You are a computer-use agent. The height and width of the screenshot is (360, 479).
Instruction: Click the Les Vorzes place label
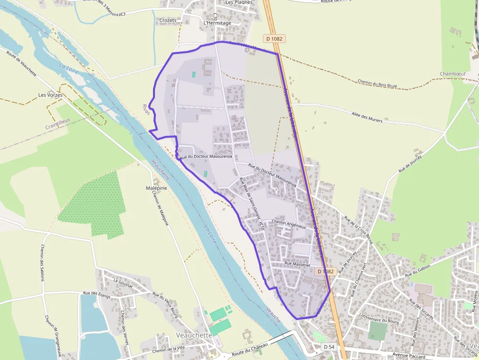coord(50,95)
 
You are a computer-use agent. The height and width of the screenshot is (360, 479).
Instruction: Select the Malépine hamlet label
coord(156,188)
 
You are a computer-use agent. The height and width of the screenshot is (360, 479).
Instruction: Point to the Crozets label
coord(168,21)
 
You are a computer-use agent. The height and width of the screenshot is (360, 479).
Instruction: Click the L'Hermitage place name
coord(216,23)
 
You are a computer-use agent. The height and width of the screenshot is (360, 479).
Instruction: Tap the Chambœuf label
coord(452,74)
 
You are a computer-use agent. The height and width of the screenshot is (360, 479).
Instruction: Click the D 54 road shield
coord(329,346)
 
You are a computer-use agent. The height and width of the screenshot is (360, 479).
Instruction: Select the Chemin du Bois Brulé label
coord(377,84)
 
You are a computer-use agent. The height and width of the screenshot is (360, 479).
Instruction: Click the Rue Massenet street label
coord(297,264)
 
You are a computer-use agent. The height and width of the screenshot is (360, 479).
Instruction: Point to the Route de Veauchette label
coord(22,63)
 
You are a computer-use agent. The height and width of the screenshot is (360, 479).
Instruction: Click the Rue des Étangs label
coord(96,295)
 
